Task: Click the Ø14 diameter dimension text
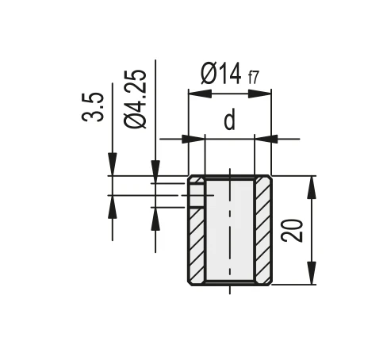(x=220, y=74)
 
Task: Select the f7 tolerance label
(x=253, y=78)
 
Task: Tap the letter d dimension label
(x=229, y=121)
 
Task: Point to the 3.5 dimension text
(x=93, y=107)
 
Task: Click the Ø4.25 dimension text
(x=135, y=99)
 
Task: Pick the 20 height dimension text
(x=292, y=231)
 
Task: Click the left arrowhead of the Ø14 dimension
(x=201, y=94)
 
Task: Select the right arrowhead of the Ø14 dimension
(x=259, y=94)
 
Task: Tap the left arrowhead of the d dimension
(x=193, y=139)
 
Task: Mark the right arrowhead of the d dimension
(x=266, y=139)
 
